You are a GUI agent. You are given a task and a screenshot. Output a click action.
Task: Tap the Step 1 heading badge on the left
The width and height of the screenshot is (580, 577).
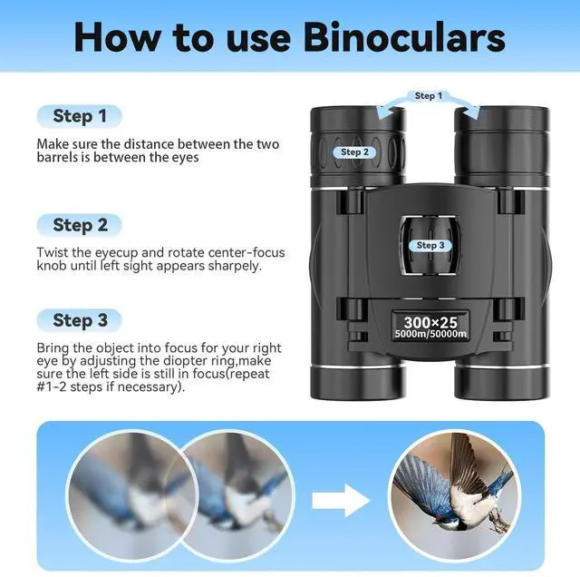click(80, 116)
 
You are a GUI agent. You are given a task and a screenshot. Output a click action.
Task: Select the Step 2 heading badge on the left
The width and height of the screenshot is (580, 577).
click(80, 224)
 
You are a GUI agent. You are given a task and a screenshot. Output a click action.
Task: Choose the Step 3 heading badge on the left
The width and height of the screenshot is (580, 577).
click(80, 319)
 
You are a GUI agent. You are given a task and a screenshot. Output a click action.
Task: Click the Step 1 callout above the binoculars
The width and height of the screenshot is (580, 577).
click(429, 95)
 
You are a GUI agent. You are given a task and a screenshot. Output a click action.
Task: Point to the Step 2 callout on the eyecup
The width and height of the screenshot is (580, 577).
click(354, 152)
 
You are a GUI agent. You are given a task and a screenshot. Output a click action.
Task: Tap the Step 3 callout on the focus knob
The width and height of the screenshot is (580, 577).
click(430, 245)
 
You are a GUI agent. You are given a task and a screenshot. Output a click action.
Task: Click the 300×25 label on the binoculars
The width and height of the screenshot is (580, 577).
click(430, 321)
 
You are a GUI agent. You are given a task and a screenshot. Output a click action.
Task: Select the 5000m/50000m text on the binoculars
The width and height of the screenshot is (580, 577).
click(430, 335)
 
